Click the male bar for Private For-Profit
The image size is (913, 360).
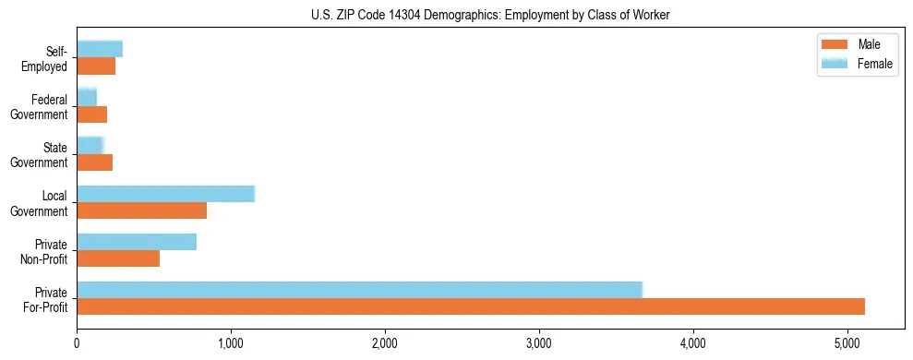pyautogui.click(x=471, y=306)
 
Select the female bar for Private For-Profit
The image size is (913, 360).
pyautogui.click(x=359, y=289)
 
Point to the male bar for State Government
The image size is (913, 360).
pyautogui.click(x=94, y=162)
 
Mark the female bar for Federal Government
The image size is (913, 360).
pyautogui.click(x=87, y=97)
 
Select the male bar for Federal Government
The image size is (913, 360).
pyautogui.click(x=91, y=114)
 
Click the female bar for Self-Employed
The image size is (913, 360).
pyautogui.click(x=100, y=49)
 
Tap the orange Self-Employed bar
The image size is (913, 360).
pyautogui.click(x=96, y=66)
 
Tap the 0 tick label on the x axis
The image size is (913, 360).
pyautogui.click(x=77, y=344)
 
